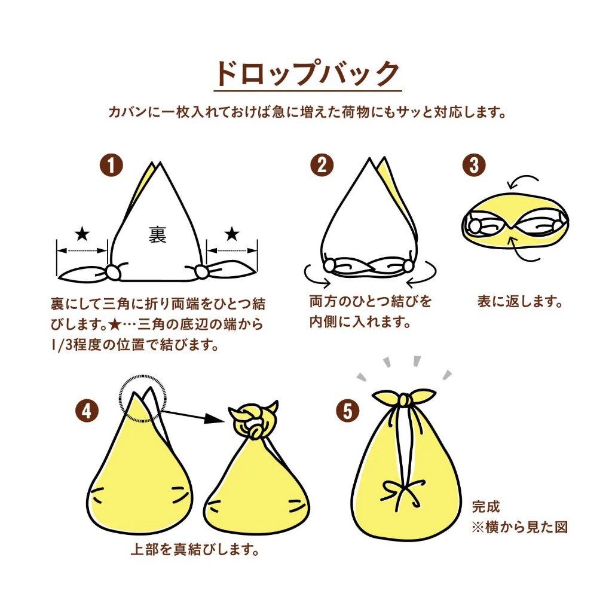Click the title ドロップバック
307,74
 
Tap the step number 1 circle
111,166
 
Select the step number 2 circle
322,166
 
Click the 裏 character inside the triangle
157,235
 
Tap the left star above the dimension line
82,232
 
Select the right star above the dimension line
232,232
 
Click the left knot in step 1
111,273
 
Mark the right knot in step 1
202,273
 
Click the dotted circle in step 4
142,399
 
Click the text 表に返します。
520,302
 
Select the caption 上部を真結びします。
195,549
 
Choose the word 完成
485,507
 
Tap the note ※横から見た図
519,527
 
